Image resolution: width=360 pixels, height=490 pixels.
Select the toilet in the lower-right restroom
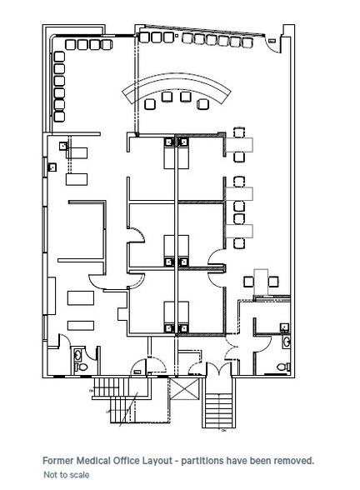pyautogui.click(x=287, y=343)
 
